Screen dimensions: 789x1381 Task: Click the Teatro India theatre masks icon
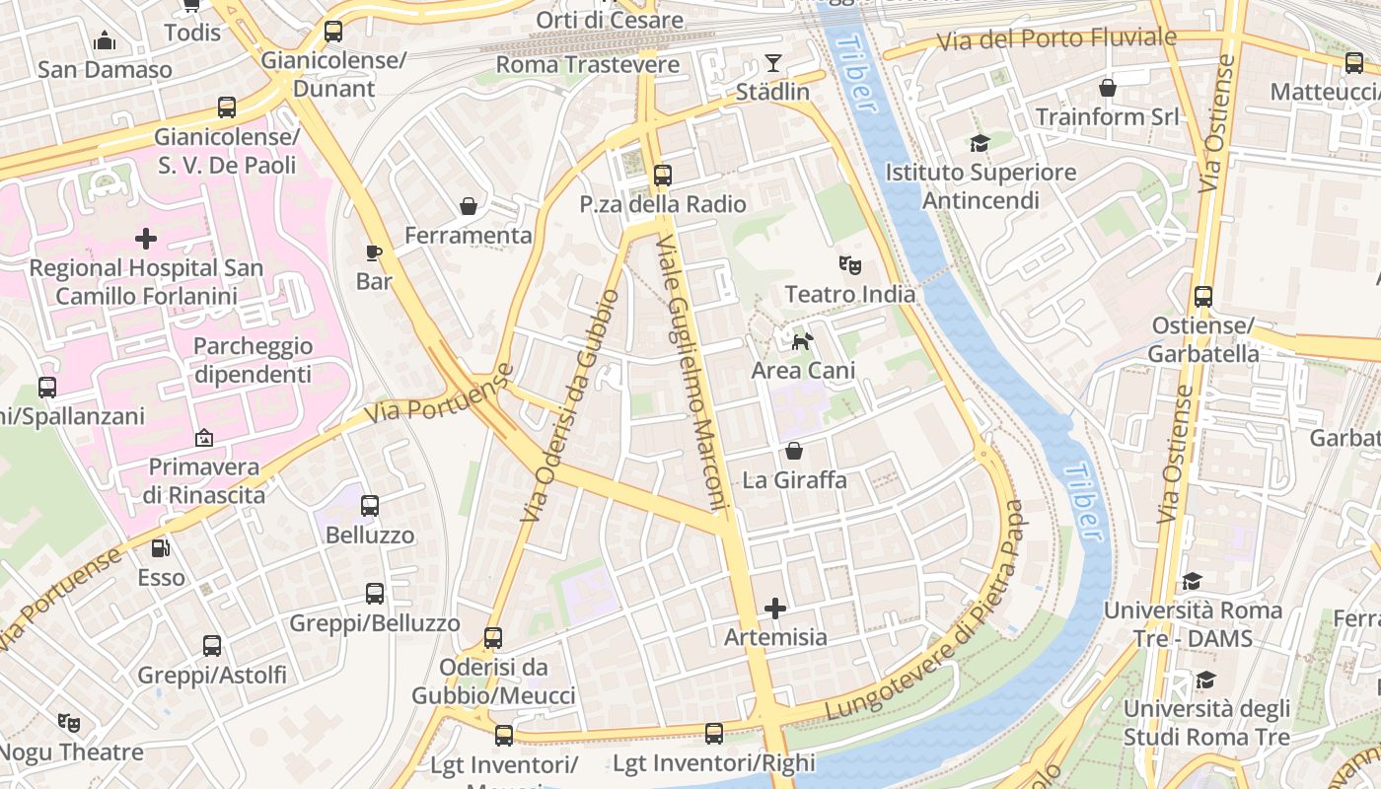[x=849, y=264]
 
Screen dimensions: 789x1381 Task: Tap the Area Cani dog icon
[x=803, y=341]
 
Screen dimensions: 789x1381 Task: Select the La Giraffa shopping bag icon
[x=794, y=452]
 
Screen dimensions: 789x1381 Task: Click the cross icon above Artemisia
[x=775, y=608]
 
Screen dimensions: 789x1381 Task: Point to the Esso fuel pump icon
[x=161, y=548]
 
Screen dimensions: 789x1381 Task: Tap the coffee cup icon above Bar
[x=374, y=252]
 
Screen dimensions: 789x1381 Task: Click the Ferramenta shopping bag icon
[x=469, y=206]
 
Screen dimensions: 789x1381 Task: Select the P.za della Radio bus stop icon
[x=663, y=176]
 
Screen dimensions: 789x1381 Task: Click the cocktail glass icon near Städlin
[x=772, y=64]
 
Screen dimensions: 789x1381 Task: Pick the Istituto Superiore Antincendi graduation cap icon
[x=980, y=144]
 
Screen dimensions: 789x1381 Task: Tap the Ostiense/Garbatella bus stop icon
[x=1203, y=296]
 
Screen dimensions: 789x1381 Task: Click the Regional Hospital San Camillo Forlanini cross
[x=146, y=239]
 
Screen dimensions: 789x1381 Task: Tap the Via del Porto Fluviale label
[x=1056, y=39]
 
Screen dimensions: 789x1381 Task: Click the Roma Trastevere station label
[x=588, y=65]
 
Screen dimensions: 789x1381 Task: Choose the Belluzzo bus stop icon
[x=370, y=506]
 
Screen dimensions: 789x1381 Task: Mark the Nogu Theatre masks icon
[x=68, y=723]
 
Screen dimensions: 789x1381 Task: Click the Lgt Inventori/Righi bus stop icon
[x=714, y=734]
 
